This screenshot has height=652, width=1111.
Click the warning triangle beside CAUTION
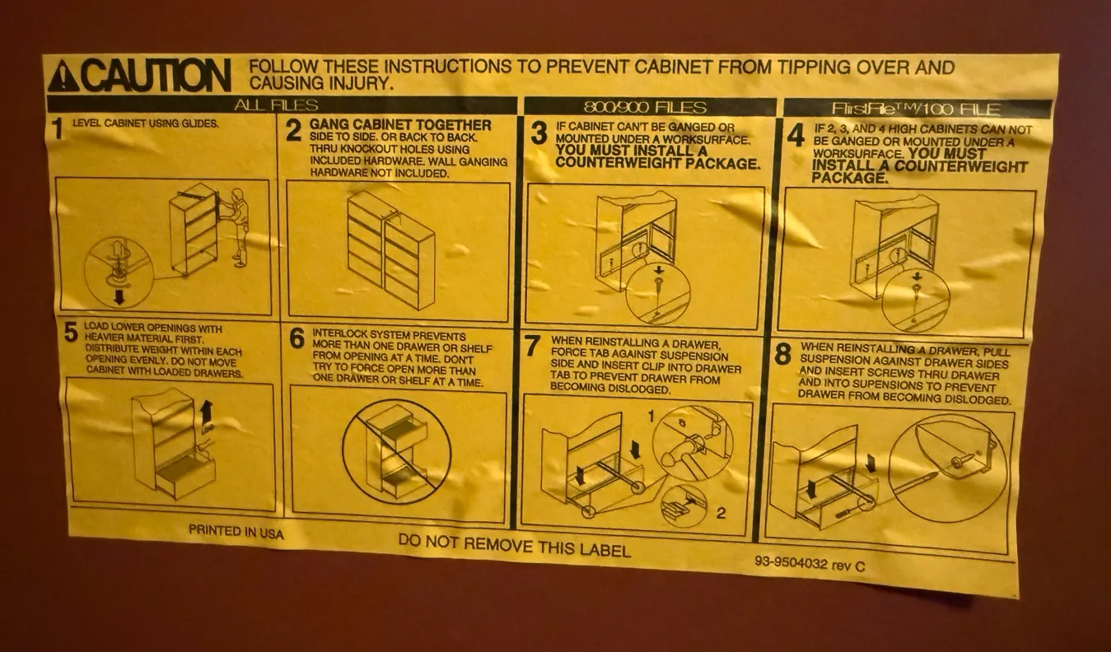(x=63, y=76)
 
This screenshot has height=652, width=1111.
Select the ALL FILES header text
(x=276, y=105)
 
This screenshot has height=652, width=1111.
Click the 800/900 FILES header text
(x=645, y=107)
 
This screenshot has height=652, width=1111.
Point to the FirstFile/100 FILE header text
(x=916, y=109)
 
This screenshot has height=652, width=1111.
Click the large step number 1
(x=58, y=129)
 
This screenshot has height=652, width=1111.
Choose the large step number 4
(x=796, y=135)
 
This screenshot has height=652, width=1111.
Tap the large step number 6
(x=296, y=338)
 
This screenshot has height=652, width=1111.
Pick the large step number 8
(x=782, y=354)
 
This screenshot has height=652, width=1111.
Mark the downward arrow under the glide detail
(x=119, y=296)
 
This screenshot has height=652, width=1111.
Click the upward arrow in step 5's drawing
(x=207, y=411)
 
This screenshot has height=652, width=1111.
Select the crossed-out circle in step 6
(x=397, y=451)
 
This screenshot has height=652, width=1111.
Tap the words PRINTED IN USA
(x=236, y=532)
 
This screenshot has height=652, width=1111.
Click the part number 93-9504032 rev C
(x=810, y=563)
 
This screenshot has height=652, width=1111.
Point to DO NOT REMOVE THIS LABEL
(x=515, y=546)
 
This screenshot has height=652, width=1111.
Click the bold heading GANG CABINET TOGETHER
(x=400, y=124)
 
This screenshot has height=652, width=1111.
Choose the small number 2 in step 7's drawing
(x=720, y=514)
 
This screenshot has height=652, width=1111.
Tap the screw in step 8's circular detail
(x=962, y=461)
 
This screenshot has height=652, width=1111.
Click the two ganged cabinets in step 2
(x=391, y=249)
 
